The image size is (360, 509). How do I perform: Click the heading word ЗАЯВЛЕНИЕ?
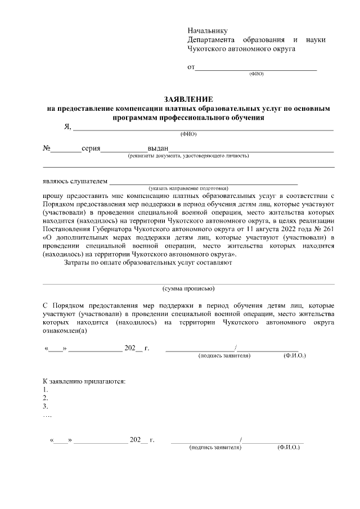coord(188,98)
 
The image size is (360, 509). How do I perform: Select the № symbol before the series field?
coord(47,149)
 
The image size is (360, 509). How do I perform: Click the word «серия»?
coord(91,149)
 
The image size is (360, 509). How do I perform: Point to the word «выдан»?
coord(158,149)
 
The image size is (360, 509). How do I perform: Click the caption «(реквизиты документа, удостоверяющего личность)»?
coord(188,156)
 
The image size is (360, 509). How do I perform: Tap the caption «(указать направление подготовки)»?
coord(188,188)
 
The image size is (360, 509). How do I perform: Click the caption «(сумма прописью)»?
coord(188,289)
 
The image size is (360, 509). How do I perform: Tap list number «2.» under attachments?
coord(46,398)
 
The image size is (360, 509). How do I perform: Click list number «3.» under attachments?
coord(46,406)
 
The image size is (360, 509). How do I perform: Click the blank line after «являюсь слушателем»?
coord(203,182)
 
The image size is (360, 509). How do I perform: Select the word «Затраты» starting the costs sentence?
coord(79,262)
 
